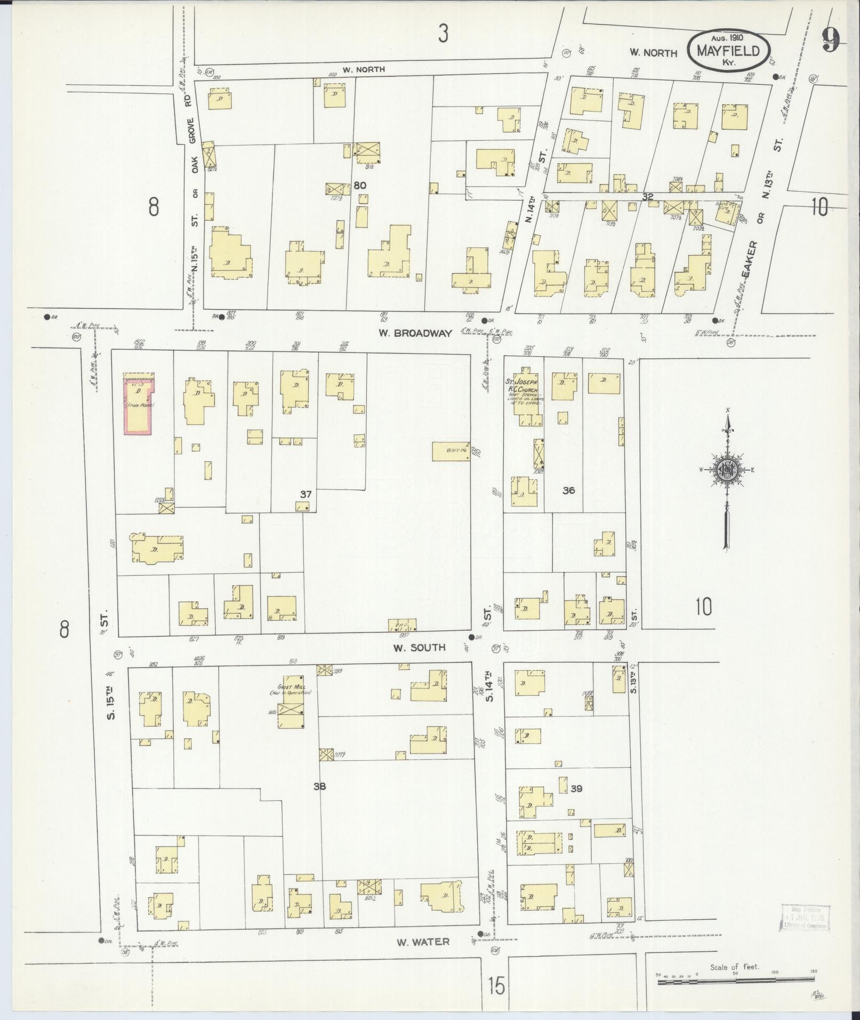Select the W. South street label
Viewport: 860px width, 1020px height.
click(x=419, y=648)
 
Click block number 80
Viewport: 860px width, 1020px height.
click(x=360, y=186)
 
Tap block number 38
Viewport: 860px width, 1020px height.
click(x=319, y=786)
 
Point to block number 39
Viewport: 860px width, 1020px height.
click(x=576, y=788)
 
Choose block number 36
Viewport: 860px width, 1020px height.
click(x=568, y=490)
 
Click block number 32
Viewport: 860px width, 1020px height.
click(x=648, y=197)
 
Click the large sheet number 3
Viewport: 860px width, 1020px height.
click(x=443, y=34)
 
